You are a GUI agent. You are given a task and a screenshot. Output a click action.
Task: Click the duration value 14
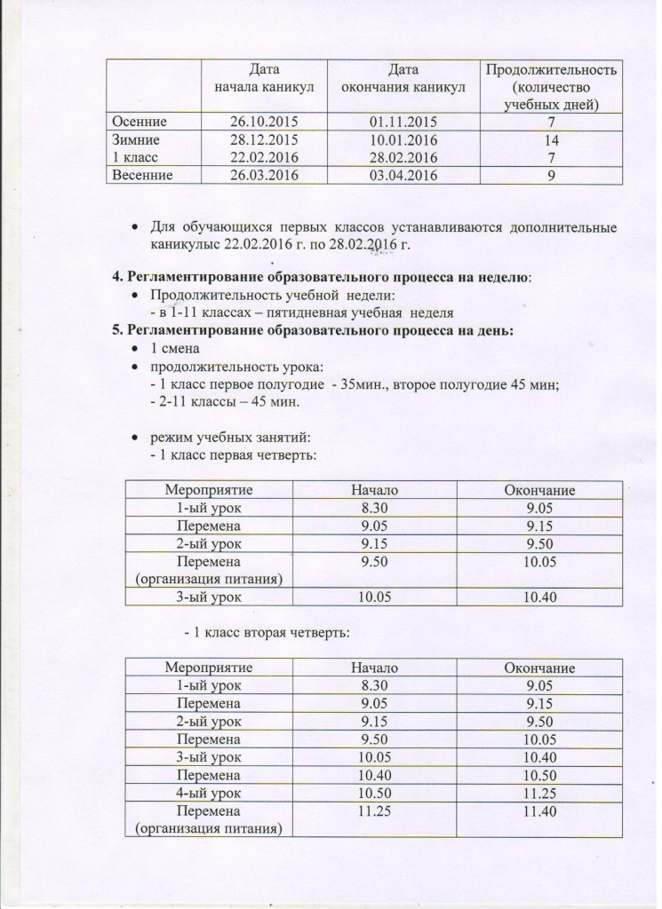[551, 139]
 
